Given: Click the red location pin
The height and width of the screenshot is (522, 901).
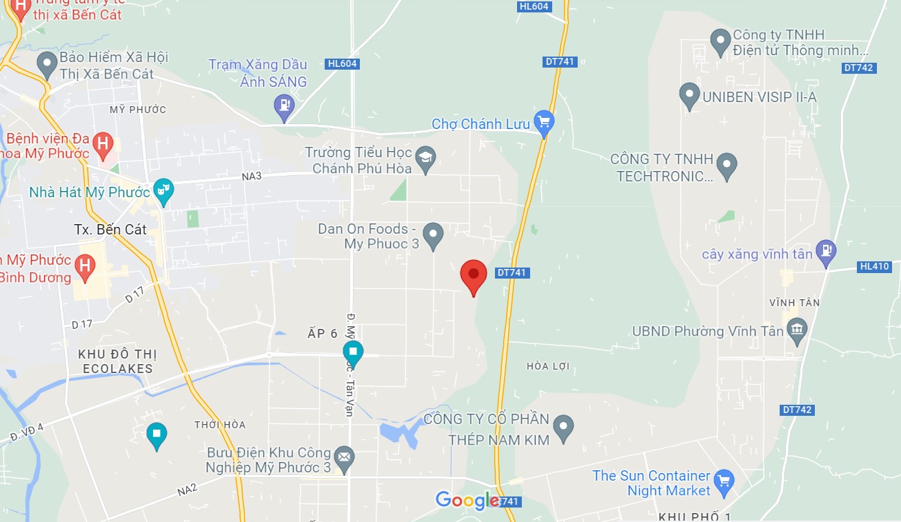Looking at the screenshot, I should (474, 275).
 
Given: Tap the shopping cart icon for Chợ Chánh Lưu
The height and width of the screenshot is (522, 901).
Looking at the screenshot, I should (545, 122).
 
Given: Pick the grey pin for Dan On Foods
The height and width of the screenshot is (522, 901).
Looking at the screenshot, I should (433, 234).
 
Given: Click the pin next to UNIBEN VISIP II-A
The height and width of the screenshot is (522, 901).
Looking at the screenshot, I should (689, 95).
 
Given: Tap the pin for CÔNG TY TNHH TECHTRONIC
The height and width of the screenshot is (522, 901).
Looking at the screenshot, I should (727, 165).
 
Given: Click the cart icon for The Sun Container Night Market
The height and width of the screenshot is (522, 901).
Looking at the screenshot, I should (724, 481).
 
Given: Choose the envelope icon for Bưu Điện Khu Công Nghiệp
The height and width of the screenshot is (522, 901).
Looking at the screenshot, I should (343, 456).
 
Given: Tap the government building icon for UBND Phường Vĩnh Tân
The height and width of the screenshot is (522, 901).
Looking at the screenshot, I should (797, 330).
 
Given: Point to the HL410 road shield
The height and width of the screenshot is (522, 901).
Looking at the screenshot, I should (875, 266).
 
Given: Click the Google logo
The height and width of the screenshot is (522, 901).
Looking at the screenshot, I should (467, 500).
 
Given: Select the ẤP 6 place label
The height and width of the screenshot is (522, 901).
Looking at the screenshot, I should (322, 334).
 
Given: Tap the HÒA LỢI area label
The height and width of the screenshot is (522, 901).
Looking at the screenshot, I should (548, 366).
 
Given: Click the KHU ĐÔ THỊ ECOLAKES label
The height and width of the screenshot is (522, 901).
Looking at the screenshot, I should (117, 361).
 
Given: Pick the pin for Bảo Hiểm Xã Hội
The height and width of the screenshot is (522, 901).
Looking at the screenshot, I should (47, 64).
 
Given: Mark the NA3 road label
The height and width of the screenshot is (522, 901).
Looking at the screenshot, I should (252, 177).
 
